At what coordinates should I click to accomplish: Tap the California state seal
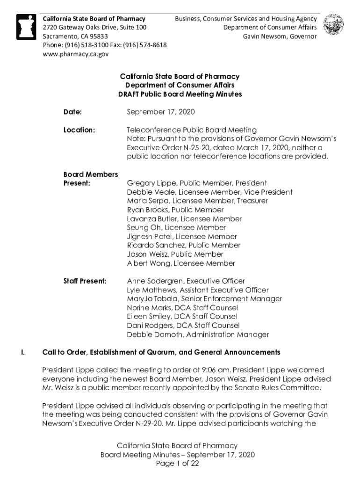[333, 25]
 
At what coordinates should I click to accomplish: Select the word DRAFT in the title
[129, 94]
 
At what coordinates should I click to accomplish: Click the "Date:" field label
[72, 112]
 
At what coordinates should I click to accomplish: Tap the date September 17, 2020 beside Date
[161, 112]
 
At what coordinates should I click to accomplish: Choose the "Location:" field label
[79, 130]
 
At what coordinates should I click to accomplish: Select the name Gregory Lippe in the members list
[151, 183]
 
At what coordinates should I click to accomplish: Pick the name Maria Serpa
[145, 201]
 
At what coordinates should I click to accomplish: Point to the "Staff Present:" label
[85, 281]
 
